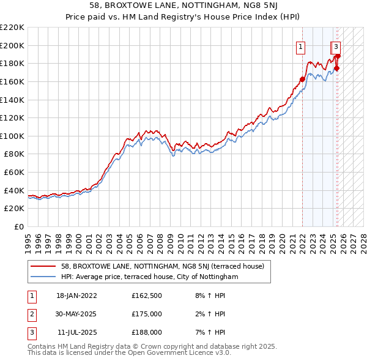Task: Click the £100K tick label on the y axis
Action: (x=12, y=136)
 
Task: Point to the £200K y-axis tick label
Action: (x=12, y=45)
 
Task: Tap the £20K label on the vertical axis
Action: (x=14, y=209)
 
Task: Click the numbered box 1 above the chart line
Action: (x=301, y=46)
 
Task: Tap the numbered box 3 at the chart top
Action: (x=336, y=46)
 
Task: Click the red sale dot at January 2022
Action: (x=302, y=79)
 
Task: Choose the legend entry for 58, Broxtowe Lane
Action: (x=162, y=266)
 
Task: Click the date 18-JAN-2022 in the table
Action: (x=76, y=296)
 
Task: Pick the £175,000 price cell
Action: (x=146, y=314)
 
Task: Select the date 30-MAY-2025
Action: (x=76, y=314)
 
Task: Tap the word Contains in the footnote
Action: (x=43, y=346)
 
